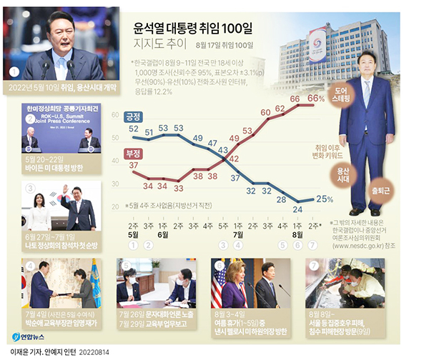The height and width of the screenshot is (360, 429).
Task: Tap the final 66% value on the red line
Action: tap(317, 98)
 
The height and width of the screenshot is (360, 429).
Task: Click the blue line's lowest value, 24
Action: tap(297, 209)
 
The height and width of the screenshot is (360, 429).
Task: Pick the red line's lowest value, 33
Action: tap(179, 189)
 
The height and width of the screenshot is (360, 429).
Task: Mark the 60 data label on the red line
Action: tap(265, 111)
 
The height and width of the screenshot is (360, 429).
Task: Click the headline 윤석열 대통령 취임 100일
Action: tap(194, 30)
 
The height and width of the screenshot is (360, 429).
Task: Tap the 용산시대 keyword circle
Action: tap(344, 176)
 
